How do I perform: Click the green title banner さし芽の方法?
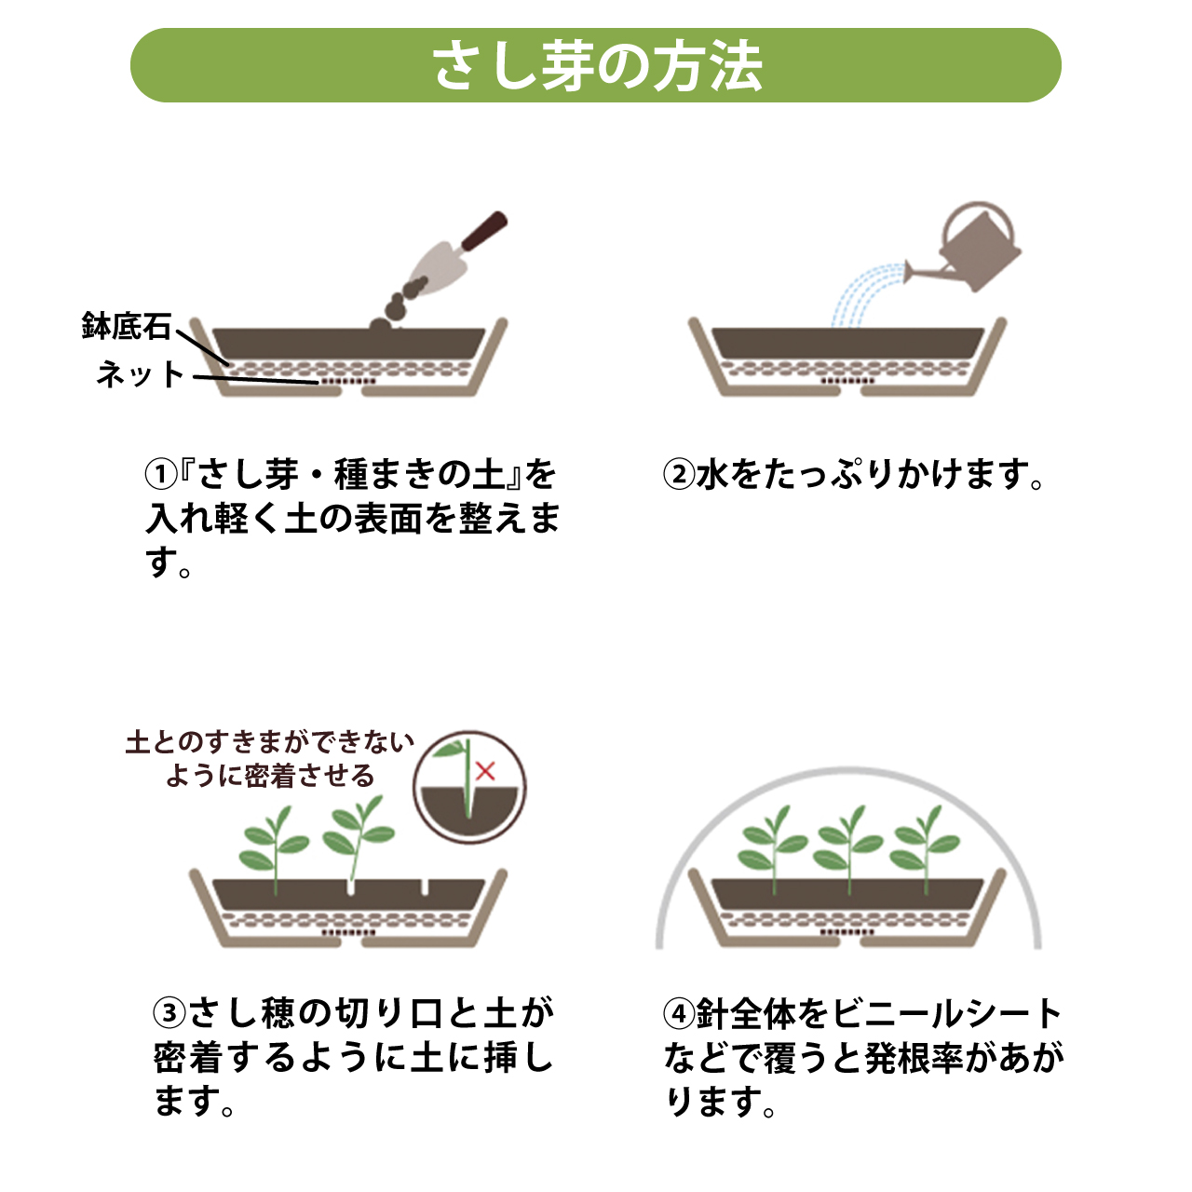596,65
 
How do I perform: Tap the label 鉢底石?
127,326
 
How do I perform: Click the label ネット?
141,374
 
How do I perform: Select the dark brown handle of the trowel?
484,231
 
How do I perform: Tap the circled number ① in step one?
161,474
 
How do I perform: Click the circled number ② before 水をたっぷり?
679,474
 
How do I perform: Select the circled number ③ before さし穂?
169,1012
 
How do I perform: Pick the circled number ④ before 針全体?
679,1012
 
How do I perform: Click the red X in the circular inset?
485,771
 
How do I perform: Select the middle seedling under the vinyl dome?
848,848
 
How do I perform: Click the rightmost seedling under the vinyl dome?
924,848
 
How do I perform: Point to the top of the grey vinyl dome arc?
848,769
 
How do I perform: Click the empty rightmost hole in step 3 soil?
425,887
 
